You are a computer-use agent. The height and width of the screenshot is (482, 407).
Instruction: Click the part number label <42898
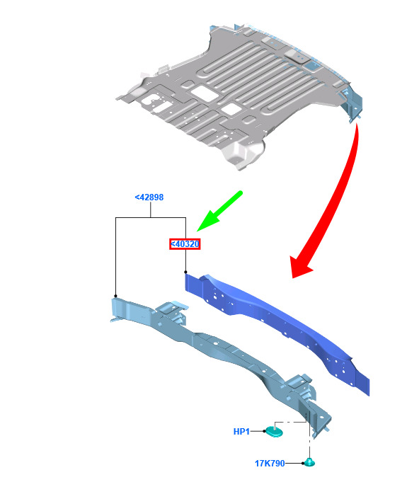pos(149,197)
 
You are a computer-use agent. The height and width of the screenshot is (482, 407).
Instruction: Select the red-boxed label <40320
pos(185,244)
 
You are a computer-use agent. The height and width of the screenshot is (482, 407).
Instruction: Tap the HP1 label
pos(241,432)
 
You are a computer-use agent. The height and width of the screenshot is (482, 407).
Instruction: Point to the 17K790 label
pos(270,464)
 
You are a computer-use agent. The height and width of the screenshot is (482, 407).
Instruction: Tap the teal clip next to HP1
pos(275,431)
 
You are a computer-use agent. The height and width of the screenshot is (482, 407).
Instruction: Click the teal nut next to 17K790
pos(309,463)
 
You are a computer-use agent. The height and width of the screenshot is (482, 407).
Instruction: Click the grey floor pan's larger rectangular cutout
pos(204,93)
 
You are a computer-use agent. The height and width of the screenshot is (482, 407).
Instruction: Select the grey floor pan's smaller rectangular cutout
pos(231,109)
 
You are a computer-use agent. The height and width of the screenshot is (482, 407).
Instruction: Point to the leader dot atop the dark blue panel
pos(185,272)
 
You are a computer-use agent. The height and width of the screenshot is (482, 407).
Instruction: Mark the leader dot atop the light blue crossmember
pos(115,296)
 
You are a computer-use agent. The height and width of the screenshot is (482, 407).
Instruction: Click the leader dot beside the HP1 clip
pos(264,431)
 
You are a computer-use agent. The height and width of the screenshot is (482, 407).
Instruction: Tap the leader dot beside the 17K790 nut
pos(303,463)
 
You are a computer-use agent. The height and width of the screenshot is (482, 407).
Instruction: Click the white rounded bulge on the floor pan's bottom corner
pos(243,154)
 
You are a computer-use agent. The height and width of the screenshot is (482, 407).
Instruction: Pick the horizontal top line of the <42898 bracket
pos(151,217)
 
